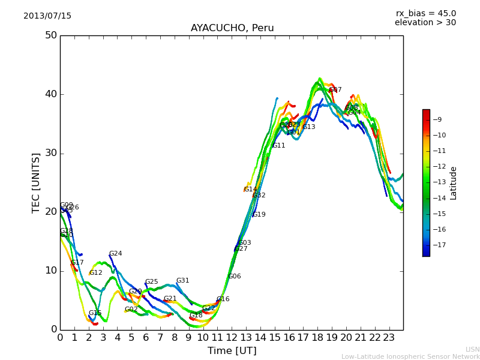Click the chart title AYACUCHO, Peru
(232, 28)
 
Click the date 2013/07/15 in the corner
(47, 16)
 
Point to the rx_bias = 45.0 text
(425, 13)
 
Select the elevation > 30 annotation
(425, 23)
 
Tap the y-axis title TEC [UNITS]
(37, 182)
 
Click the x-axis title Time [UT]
(232, 351)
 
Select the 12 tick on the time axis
(232, 338)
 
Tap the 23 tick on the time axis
(389, 338)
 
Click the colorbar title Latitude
(454, 182)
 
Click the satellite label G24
(115, 254)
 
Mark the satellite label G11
(278, 146)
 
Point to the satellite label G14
(250, 190)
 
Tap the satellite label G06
(234, 277)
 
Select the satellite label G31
(182, 281)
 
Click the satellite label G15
(95, 313)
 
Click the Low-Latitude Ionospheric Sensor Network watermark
(410, 357)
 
